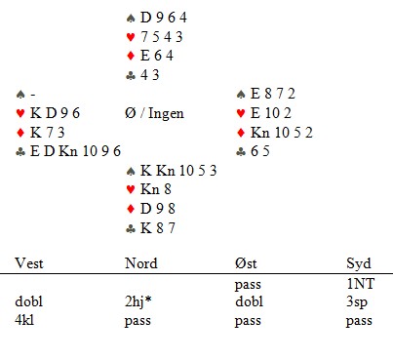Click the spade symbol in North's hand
click(131, 18)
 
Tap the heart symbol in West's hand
click(20, 113)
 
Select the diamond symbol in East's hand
click(241, 133)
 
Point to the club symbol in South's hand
click(131, 228)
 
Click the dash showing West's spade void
click(32, 95)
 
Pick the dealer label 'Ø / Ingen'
click(154, 114)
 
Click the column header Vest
click(29, 263)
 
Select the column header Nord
click(141, 263)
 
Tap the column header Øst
click(246, 263)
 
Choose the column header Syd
click(359, 263)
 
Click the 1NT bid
click(361, 284)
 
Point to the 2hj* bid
click(138, 302)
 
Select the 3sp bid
click(357, 302)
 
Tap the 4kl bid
click(24, 320)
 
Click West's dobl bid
click(28, 301)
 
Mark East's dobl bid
click(249, 301)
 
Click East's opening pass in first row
click(248, 285)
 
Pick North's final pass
click(138, 322)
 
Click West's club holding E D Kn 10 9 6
click(75, 151)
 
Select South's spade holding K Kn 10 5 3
click(178, 171)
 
